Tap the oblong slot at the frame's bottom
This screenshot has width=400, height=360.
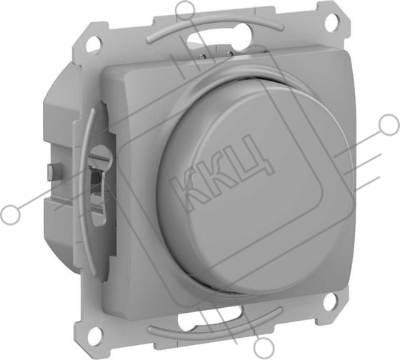pyautogui.click(x=211, y=314)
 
